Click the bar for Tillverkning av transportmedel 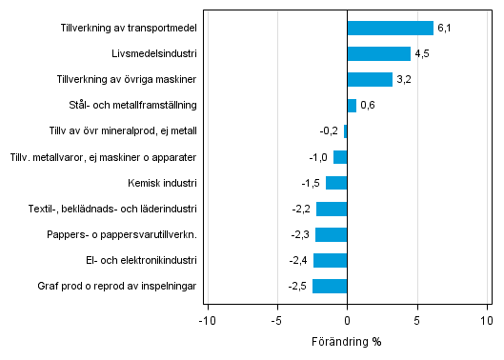click(390, 28)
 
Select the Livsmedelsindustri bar click(378, 53)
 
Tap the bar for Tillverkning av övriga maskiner click(370, 79)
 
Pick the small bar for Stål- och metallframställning click(352, 105)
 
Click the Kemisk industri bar click(336, 183)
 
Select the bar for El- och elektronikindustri click(330, 260)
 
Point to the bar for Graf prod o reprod click(330, 286)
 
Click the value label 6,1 click(443, 29)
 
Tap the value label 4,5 click(421, 54)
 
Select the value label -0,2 click(329, 131)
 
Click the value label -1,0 click(318, 157)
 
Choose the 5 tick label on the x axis click(417, 321)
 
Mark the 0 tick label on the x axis click(347, 321)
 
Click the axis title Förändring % click(347, 342)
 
